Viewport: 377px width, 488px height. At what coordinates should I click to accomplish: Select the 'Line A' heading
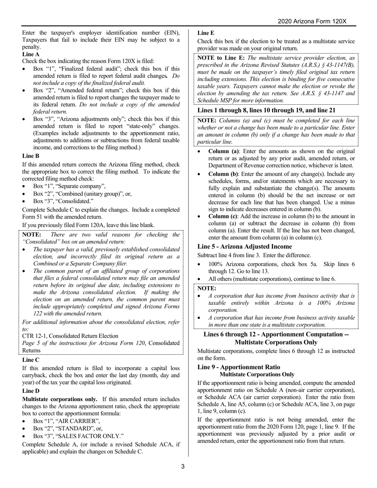coord(31,54)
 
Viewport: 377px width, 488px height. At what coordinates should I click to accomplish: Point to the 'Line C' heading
coord(31,360)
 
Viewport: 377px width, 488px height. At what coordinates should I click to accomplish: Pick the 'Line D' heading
coord(31,391)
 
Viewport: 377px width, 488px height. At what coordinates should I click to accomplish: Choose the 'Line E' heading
coord(206,33)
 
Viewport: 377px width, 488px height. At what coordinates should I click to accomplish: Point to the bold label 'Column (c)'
coord(223,216)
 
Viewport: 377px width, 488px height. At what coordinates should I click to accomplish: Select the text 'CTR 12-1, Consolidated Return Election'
coord(70,336)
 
